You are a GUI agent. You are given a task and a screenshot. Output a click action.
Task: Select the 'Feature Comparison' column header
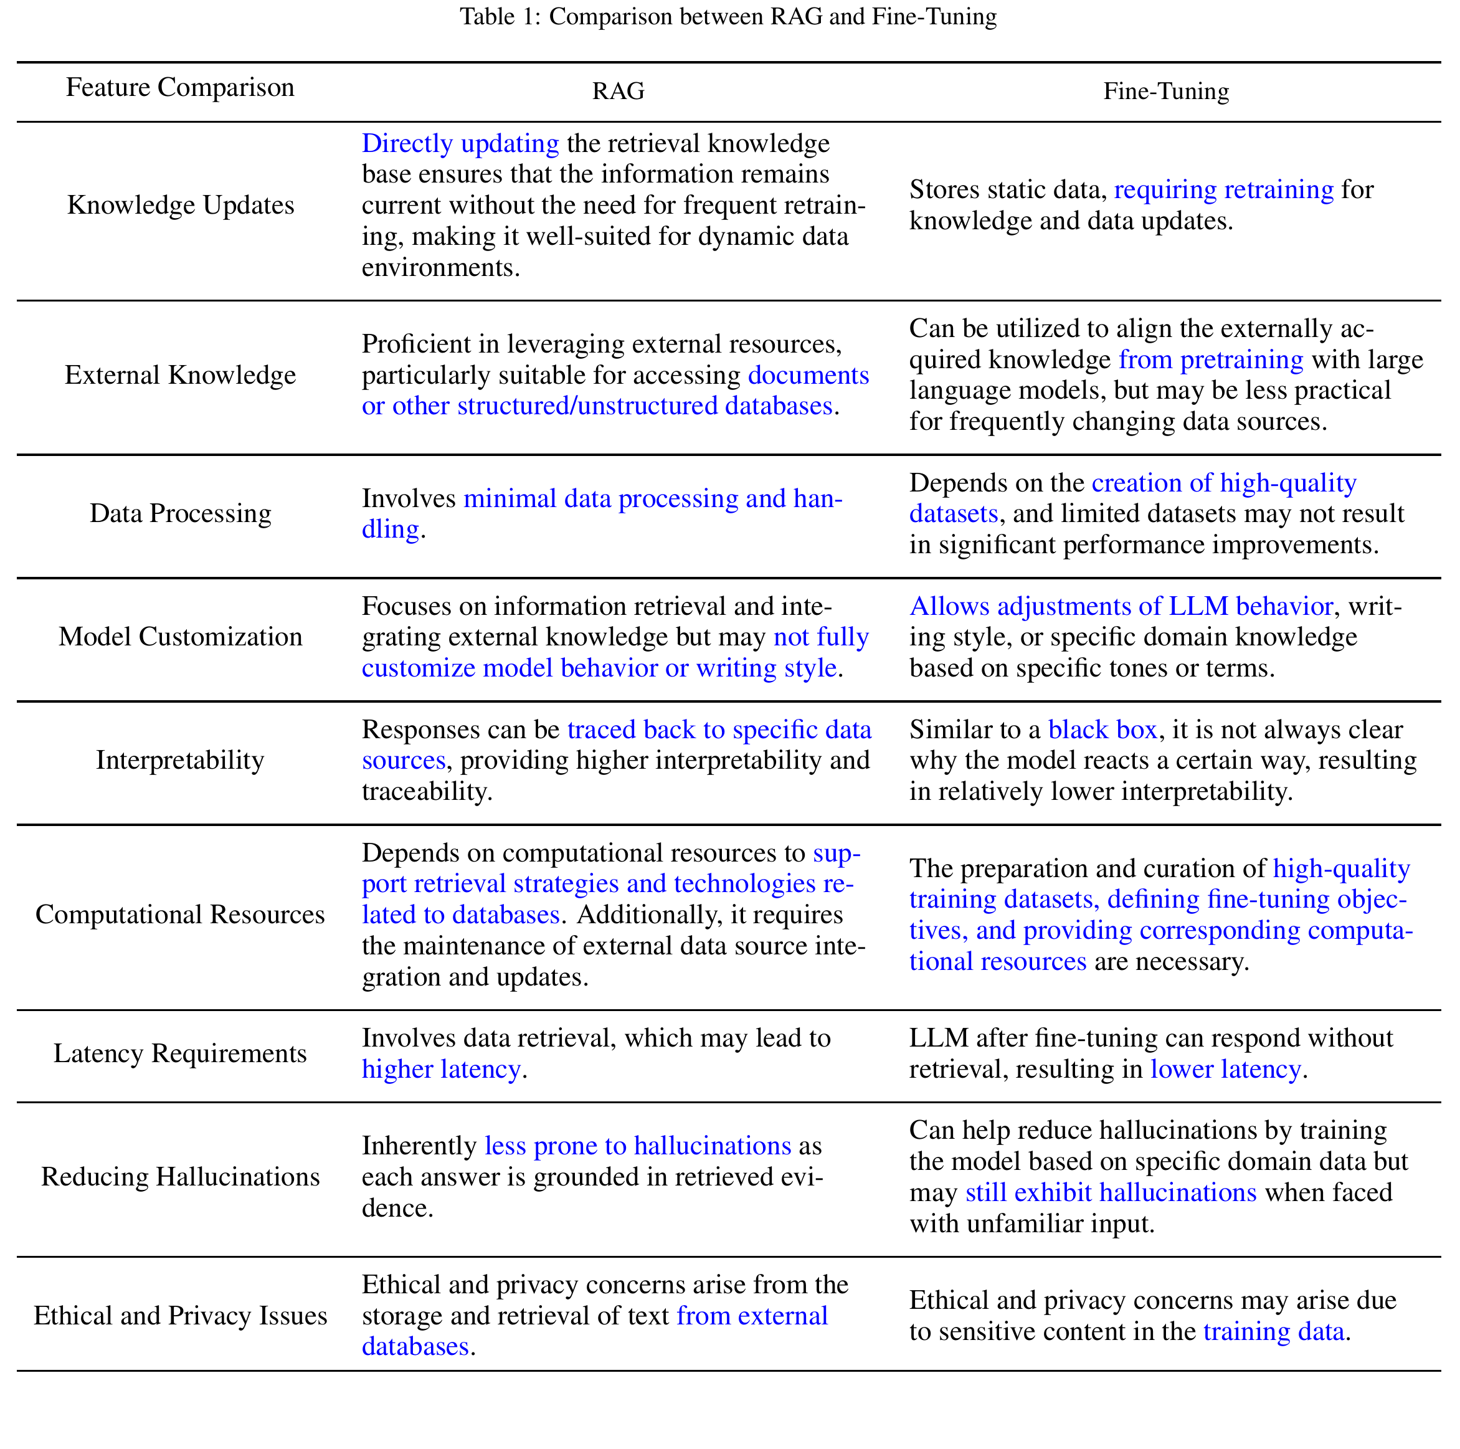[x=180, y=88]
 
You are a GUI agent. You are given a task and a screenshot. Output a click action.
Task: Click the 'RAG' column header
[x=617, y=92]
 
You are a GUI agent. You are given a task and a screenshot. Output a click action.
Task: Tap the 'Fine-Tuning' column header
[x=1165, y=92]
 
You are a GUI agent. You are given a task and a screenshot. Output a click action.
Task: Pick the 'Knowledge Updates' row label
[x=181, y=206]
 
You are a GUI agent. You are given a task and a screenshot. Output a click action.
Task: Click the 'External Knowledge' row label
[x=180, y=376]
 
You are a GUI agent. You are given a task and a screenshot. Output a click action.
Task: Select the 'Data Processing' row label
[x=180, y=514]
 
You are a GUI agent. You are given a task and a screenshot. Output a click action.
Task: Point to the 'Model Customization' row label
[x=180, y=637]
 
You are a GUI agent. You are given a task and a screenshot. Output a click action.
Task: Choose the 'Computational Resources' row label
[x=180, y=915]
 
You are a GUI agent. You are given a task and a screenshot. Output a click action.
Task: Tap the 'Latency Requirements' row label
[x=180, y=1053]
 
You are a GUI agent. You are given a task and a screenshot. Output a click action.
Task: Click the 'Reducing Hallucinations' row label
[x=180, y=1177]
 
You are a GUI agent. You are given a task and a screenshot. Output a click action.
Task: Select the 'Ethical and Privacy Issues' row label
[x=180, y=1316]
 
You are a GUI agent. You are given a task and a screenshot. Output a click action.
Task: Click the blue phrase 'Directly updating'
[x=460, y=144]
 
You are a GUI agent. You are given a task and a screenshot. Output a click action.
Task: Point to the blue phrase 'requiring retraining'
[x=1223, y=190]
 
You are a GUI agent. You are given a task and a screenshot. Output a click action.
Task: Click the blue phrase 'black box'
[x=1102, y=730]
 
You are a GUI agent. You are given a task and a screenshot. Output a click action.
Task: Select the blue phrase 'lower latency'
[x=1225, y=1070]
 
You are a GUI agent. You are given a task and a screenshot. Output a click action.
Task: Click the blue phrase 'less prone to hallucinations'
[x=637, y=1146]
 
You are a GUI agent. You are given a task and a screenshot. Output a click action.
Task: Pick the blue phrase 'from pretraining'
[x=1211, y=360]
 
